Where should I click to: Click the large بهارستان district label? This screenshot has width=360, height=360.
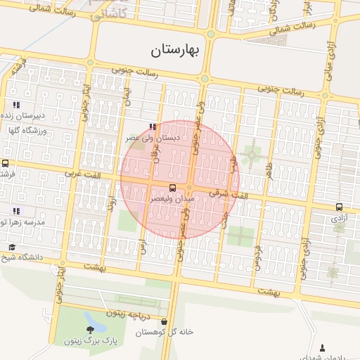176,50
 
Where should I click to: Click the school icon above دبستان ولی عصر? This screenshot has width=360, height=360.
152,127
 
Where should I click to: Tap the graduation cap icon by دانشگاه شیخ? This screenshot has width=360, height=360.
12,247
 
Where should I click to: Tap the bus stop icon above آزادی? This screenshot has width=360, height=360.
339,207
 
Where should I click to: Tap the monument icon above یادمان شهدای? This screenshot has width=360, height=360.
322,347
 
